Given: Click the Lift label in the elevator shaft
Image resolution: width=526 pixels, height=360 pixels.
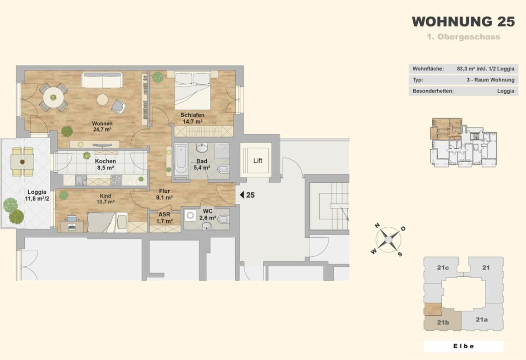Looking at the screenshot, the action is click(x=258, y=161).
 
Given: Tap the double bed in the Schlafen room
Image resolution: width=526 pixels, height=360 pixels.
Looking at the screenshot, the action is click(x=193, y=90).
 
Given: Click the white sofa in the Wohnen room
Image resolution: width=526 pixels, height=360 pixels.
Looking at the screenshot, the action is click(x=102, y=80).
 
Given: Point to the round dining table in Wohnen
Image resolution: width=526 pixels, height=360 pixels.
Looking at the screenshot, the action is click(x=53, y=97).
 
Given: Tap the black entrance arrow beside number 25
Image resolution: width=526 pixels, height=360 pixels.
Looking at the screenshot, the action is click(x=242, y=195).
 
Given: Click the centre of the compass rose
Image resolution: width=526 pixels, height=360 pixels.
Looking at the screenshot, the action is click(x=389, y=240).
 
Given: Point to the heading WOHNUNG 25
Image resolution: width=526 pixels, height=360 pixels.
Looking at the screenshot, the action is click(x=463, y=22).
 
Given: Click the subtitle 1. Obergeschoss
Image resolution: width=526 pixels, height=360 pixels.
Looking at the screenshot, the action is click(x=463, y=37).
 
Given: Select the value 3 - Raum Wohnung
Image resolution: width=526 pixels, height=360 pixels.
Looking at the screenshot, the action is click(x=490, y=80).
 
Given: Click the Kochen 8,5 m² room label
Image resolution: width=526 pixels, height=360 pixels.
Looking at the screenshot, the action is click(x=105, y=164).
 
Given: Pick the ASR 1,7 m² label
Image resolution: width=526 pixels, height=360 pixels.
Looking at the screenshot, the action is click(x=164, y=218).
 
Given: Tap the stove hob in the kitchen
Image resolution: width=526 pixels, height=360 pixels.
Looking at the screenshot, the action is click(x=116, y=180).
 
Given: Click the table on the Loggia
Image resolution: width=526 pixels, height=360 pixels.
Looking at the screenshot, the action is click(x=22, y=161).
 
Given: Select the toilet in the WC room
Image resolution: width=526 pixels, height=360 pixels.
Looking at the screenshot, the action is click(x=223, y=220).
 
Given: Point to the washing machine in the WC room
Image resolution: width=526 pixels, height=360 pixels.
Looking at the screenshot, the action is click(x=190, y=215).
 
